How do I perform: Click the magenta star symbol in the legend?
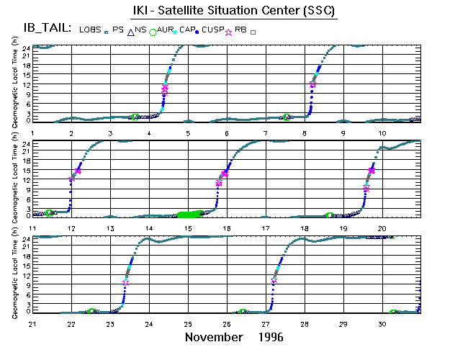(x=230, y=32)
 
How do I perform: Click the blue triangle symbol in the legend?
(x=131, y=32)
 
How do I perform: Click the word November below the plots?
(x=214, y=337)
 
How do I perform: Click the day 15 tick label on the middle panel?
(x=188, y=228)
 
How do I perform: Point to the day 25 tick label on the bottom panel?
(x=188, y=324)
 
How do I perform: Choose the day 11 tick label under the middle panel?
(x=32, y=228)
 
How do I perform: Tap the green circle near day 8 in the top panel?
(x=287, y=117)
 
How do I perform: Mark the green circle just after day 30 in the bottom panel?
(x=393, y=312)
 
